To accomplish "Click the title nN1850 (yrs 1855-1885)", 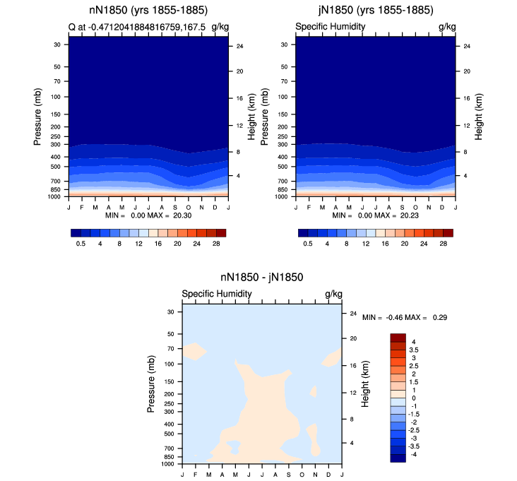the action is tap(148, 10).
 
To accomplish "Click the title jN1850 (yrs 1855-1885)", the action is tap(376, 10).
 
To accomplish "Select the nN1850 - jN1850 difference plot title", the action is tap(262, 278).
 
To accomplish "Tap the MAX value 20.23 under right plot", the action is tap(410, 215).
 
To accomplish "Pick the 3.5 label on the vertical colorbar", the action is tap(413, 350).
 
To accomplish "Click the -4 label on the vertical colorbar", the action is tap(413, 454).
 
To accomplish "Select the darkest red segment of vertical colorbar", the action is tap(398, 338).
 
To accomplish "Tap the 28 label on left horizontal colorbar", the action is tap(216, 244).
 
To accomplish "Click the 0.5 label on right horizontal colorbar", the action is tap(308, 244).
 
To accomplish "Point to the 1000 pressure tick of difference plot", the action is tap(168, 464).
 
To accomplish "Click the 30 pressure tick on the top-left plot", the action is tap(57, 44).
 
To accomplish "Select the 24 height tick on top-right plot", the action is tap(467, 46).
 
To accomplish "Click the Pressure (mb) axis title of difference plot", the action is tap(150, 384).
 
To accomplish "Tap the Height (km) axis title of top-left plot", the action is tap(251, 117).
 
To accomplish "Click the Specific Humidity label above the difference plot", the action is tap(217, 294).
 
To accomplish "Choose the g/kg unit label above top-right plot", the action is tap(447, 27).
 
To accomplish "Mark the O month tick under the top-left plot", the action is tap(189, 208).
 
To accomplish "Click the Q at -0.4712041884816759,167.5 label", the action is tap(137, 27).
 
